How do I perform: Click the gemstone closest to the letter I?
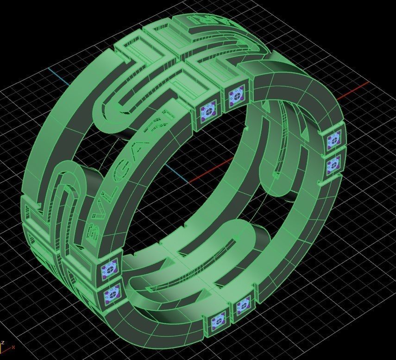coord(207,111)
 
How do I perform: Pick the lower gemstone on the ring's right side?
coord(333,163)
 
